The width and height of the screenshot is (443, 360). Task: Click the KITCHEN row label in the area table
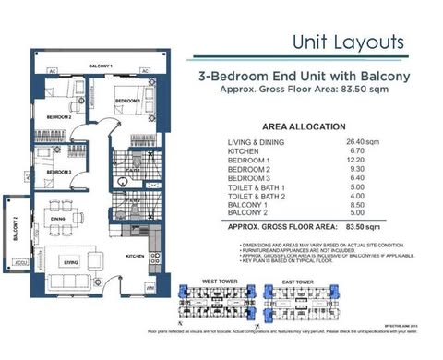[244, 152]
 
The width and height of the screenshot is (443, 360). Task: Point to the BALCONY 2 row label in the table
[249, 213]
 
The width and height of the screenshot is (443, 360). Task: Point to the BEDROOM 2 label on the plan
[59, 117]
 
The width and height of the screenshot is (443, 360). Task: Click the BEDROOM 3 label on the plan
[60, 172]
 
